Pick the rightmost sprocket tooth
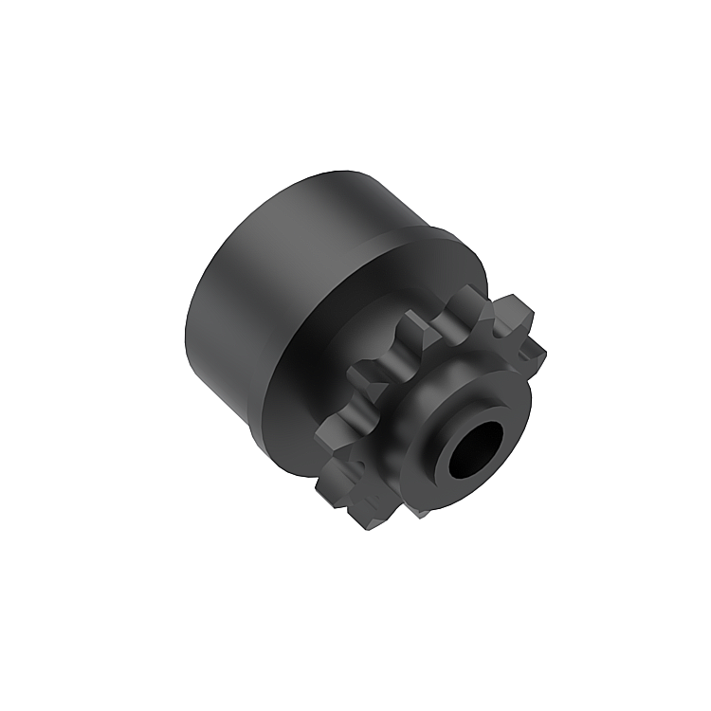click(531, 353)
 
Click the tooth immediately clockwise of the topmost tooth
click(509, 313)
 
